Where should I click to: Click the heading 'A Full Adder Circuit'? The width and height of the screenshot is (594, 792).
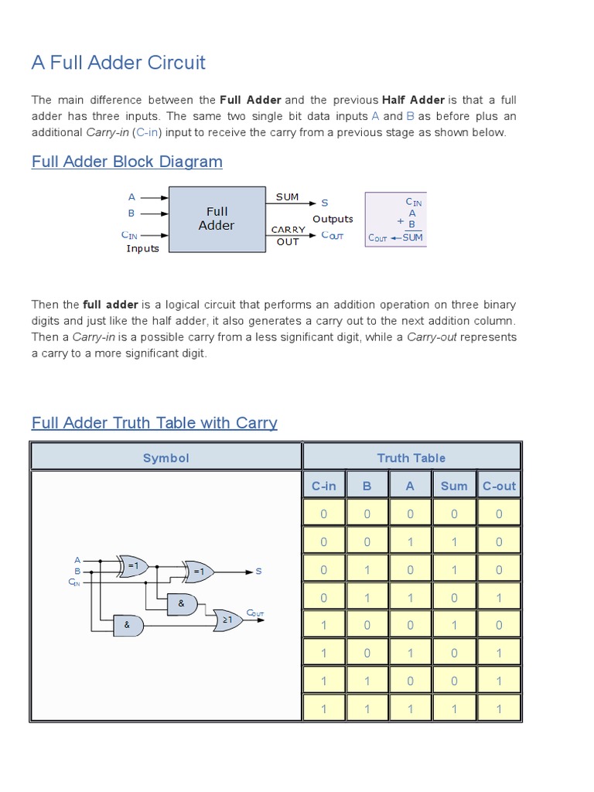pos(118,63)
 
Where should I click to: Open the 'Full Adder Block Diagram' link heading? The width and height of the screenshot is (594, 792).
pos(127,162)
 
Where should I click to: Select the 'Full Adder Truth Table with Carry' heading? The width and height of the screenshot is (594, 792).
pos(154,422)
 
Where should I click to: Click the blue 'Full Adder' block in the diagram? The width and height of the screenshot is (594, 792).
pos(217,219)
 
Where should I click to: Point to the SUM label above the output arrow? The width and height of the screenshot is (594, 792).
pos(287,196)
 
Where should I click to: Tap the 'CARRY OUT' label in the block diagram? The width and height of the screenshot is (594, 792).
pos(288,236)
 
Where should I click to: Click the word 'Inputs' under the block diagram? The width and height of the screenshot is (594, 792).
pos(142,248)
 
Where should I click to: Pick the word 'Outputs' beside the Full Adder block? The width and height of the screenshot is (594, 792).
pos(333,219)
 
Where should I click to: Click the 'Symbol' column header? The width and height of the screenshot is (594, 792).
pos(166,458)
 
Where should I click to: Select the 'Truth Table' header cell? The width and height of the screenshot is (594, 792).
pos(411,458)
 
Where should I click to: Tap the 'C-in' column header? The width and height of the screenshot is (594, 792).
pos(324,486)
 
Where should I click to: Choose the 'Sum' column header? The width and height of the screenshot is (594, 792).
pos(454,486)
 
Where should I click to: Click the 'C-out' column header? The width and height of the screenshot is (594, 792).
pos(499,486)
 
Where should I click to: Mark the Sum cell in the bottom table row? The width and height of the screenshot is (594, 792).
pos(454,708)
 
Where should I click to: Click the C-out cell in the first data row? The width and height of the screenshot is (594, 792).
pos(499,514)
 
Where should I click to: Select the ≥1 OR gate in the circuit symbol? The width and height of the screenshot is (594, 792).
pos(227,620)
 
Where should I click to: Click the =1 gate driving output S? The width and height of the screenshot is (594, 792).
pos(198,572)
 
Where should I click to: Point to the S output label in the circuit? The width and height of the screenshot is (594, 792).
pos(258,572)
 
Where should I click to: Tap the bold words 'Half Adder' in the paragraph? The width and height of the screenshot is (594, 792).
pos(413,100)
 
